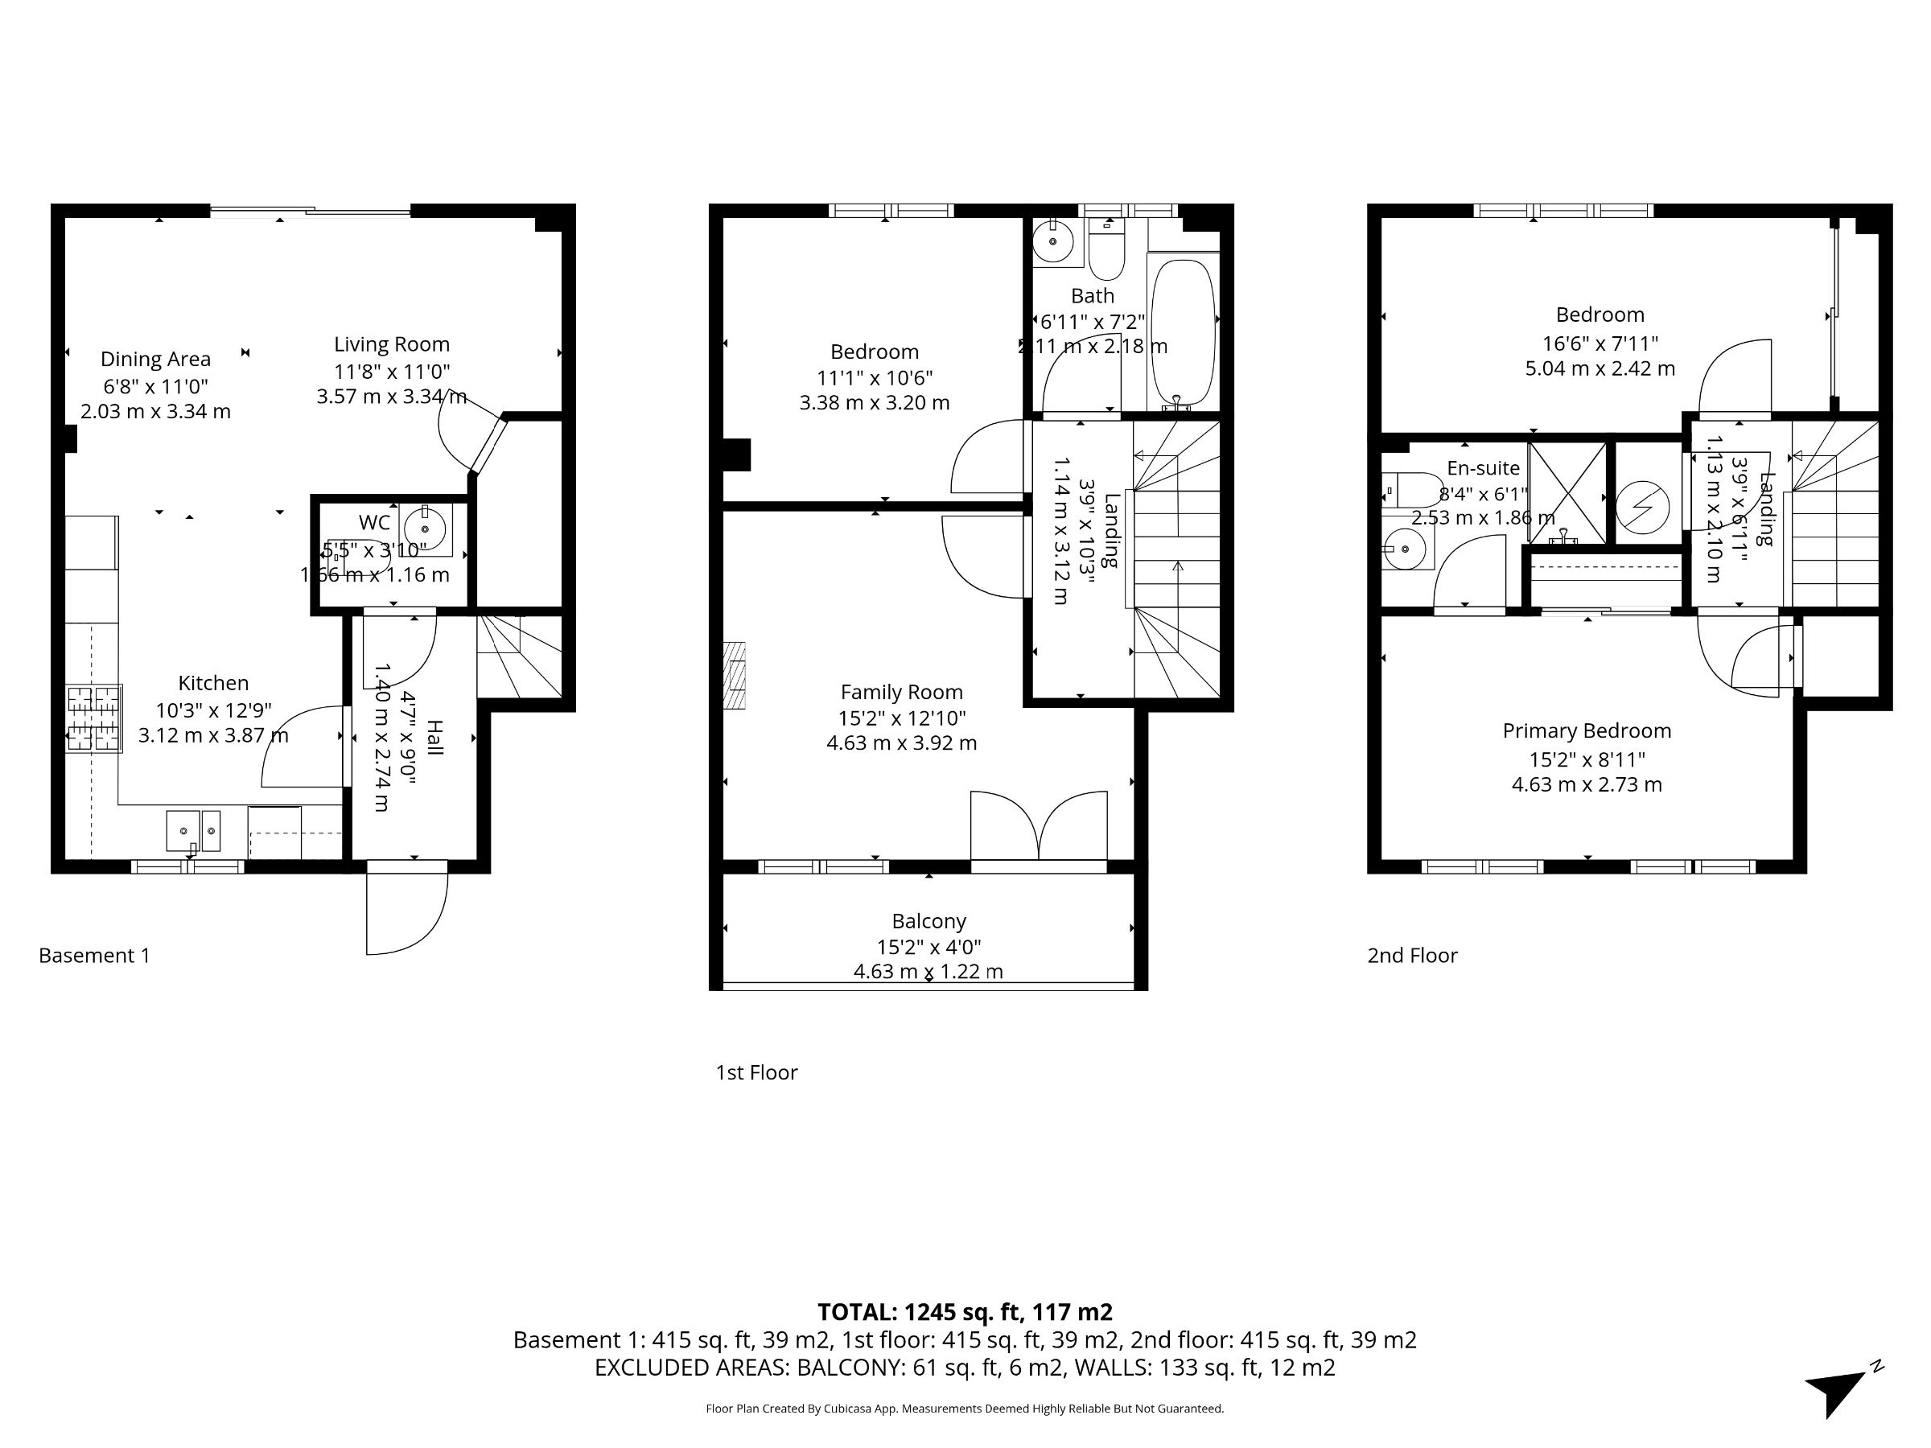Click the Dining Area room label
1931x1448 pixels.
click(155, 359)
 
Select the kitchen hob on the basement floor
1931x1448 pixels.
click(93, 719)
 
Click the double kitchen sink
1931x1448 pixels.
click(194, 831)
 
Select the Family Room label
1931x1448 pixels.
click(901, 692)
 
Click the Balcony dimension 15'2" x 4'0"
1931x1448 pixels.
click(928, 946)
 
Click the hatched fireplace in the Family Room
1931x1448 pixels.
click(734, 675)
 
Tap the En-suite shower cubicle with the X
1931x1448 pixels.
click(1567, 494)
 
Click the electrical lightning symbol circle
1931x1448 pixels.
click(1642, 507)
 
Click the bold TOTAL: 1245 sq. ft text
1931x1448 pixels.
click(965, 1312)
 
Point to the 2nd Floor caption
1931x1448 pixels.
click(1411, 956)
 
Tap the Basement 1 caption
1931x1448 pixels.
click(94, 956)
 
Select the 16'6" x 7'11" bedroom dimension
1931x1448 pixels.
click(1600, 343)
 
